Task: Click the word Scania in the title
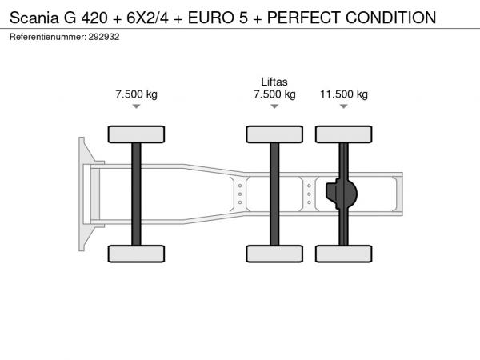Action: pos(34,18)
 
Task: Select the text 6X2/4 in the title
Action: pos(147,18)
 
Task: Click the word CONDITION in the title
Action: pos(390,18)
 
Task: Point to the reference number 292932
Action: pos(104,37)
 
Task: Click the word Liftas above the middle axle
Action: pos(274,82)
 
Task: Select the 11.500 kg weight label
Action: pos(344,94)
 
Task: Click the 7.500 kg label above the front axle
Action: pos(136,94)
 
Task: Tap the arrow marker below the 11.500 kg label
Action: pos(344,106)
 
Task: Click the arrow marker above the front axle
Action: pos(136,106)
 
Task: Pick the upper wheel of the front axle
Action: pos(136,134)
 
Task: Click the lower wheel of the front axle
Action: pos(136,254)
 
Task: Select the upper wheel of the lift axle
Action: pos(274,134)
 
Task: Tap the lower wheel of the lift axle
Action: pos(274,254)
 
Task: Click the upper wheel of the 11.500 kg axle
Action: pos(344,134)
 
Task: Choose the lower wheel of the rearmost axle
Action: pos(344,254)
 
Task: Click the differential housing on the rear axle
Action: pos(342,194)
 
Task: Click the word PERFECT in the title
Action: pos(304,18)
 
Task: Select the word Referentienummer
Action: pos(48,37)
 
